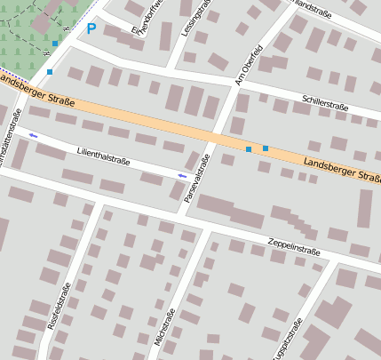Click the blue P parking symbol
pyautogui.click(x=91, y=28)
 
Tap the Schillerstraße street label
pyautogui.click(x=325, y=104)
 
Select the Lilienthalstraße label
pyautogui.click(x=104, y=156)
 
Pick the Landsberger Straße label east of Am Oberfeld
pyautogui.click(x=341, y=170)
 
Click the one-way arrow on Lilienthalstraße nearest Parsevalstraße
pyautogui.click(x=182, y=176)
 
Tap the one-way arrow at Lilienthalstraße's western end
pyautogui.click(x=33, y=135)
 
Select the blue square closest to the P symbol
pyautogui.click(x=55, y=43)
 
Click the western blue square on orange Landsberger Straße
pyautogui.click(x=249, y=149)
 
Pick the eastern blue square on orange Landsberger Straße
pyautogui.click(x=266, y=148)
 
